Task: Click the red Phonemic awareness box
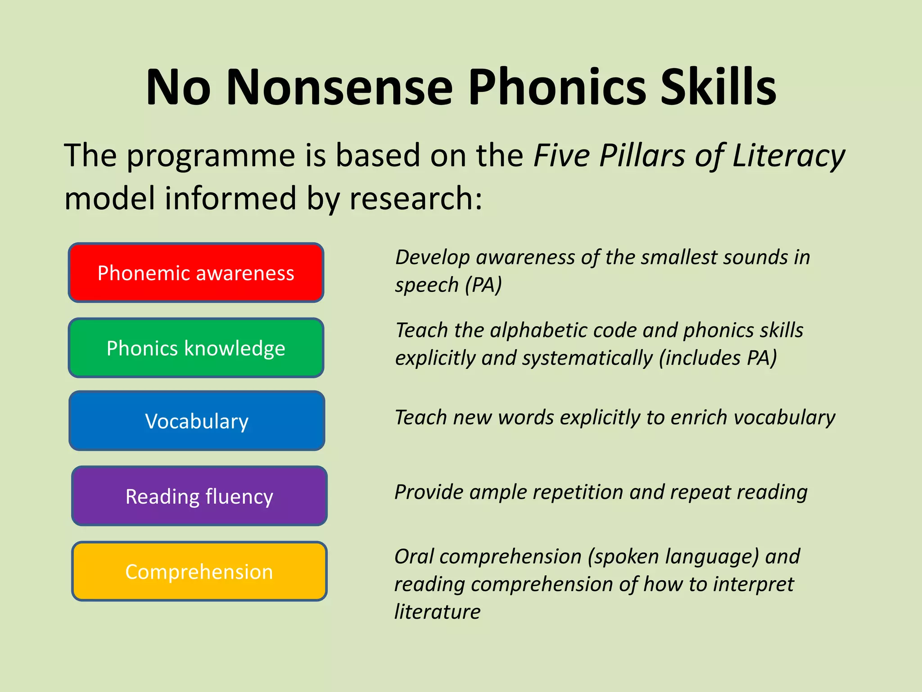196,273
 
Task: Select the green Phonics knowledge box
196,348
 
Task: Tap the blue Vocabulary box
197,421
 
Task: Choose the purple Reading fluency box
199,496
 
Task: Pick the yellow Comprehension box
199,571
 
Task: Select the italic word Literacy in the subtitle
789,156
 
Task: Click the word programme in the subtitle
211,156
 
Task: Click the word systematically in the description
588,358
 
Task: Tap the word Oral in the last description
413,556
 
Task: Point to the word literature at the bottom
438,612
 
